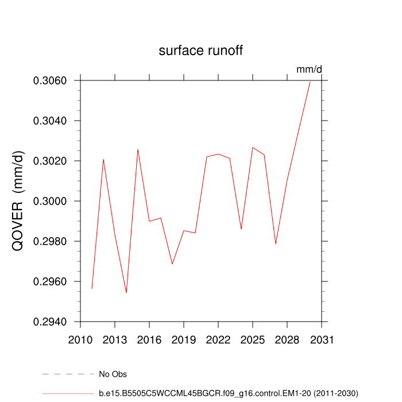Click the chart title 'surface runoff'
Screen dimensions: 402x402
pyautogui.click(x=201, y=51)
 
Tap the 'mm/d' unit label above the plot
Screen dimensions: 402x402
pyautogui.click(x=310, y=69)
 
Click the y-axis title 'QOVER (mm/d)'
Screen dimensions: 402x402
pyautogui.click(x=18, y=201)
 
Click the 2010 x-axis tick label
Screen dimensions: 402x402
pyautogui.click(x=80, y=339)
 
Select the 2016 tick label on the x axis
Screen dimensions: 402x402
pyautogui.click(x=149, y=339)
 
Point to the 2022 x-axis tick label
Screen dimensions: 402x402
pyautogui.click(x=218, y=339)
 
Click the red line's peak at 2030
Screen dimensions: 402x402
pyautogui.click(x=310, y=81)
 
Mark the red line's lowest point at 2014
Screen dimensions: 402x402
pyautogui.click(x=126, y=293)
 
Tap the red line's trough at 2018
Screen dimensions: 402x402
pyautogui.click(x=172, y=264)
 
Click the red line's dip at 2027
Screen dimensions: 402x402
pyautogui.click(x=276, y=244)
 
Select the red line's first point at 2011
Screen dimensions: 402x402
pyautogui.click(x=92, y=288)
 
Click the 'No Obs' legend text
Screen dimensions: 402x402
pyautogui.click(x=113, y=374)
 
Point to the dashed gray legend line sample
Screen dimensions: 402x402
pyautogui.click(x=68, y=374)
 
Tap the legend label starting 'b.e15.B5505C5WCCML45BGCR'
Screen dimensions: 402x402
pyautogui.click(x=229, y=393)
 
